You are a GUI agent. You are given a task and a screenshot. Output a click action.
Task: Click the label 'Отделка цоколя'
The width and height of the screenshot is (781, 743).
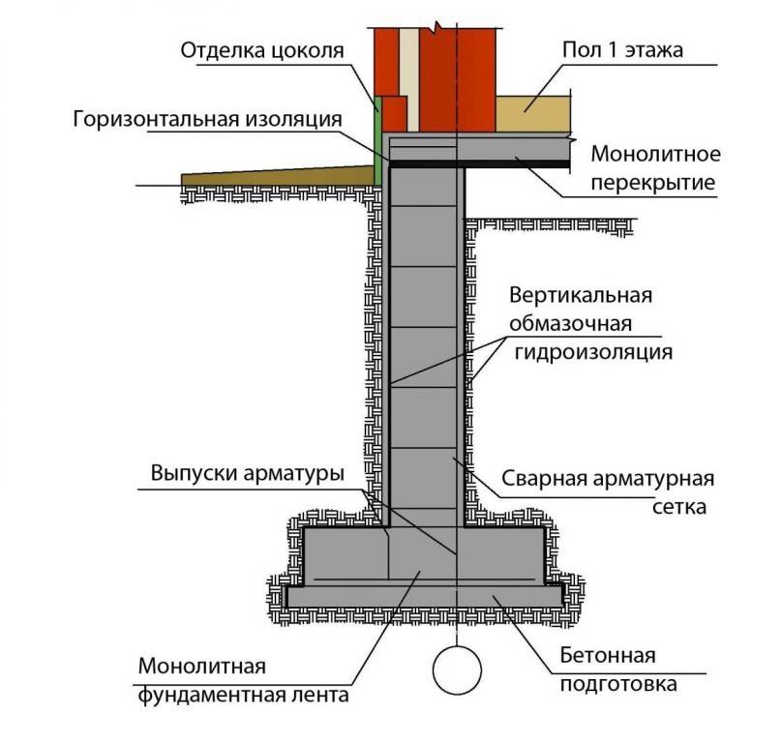261,50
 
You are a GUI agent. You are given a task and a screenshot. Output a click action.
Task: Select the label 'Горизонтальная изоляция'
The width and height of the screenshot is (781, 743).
207,119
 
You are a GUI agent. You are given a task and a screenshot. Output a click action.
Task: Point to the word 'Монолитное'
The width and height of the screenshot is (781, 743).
655,154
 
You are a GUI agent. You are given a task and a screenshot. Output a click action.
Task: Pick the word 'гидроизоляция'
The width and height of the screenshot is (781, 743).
592,351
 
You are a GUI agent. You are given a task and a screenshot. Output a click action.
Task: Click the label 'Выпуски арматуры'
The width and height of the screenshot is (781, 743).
247,475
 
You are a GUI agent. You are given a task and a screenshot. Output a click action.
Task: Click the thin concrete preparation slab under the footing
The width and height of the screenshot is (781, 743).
426,597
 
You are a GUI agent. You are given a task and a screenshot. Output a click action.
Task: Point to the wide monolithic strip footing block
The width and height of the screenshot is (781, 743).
426,556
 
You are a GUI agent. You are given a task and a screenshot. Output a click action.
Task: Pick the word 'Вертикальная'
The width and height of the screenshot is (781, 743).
579,295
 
